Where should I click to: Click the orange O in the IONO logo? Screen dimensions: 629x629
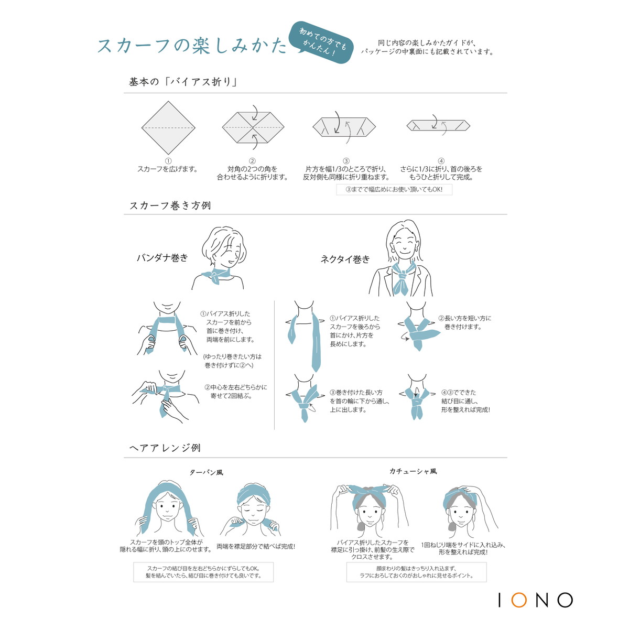pyautogui.click(x=519, y=600)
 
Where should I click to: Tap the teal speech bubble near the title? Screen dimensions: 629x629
pyautogui.click(x=321, y=43)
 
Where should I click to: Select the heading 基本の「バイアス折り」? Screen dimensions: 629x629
pyautogui.click(x=183, y=82)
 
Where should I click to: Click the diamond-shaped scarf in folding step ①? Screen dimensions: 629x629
pyautogui.click(x=168, y=127)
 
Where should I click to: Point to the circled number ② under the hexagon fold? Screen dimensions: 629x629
pyautogui.click(x=252, y=161)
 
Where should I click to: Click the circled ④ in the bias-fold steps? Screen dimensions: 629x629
pyautogui.click(x=441, y=161)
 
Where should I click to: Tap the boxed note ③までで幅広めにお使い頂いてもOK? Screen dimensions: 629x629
pyautogui.click(x=394, y=189)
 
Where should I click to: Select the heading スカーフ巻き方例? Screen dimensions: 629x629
pyautogui.click(x=170, y=205)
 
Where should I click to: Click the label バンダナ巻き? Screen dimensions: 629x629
pyautogui.click(x=162, y=258)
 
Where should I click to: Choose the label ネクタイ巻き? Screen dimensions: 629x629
pyautogui.click(x=345, y=259)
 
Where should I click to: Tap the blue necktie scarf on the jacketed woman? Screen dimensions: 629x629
pyautogui.click(x=403, y=278)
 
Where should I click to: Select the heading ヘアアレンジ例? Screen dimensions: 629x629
pyautogui.click(x=165, y=448)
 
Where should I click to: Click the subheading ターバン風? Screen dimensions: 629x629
pyautogui.click(x=207, y=473)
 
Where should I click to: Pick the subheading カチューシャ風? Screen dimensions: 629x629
pyautogui.click(x=413, y=471)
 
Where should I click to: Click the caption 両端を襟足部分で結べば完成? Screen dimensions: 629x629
pyautogui.click(x=256, y=546)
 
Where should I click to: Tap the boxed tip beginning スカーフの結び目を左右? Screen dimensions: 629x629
pyautogui.click(x=203, y=572)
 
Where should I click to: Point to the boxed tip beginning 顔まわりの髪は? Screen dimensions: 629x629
pyautogui.click(x=417, y=572)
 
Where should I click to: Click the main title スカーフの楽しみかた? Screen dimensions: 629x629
pyautogui.click(x=192, y=45)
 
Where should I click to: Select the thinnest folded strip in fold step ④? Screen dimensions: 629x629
pyautogui.click(x=438, y=125)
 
